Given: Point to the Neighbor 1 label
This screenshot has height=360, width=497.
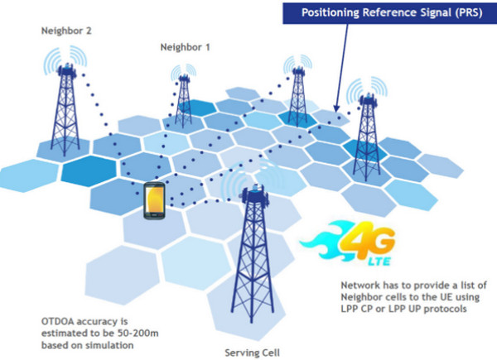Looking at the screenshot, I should (186, 48).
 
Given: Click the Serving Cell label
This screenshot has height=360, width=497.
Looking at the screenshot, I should (251, 352).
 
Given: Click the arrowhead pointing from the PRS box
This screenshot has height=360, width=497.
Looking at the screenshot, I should (336, 108).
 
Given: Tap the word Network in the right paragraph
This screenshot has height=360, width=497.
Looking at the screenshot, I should (359, 286).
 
